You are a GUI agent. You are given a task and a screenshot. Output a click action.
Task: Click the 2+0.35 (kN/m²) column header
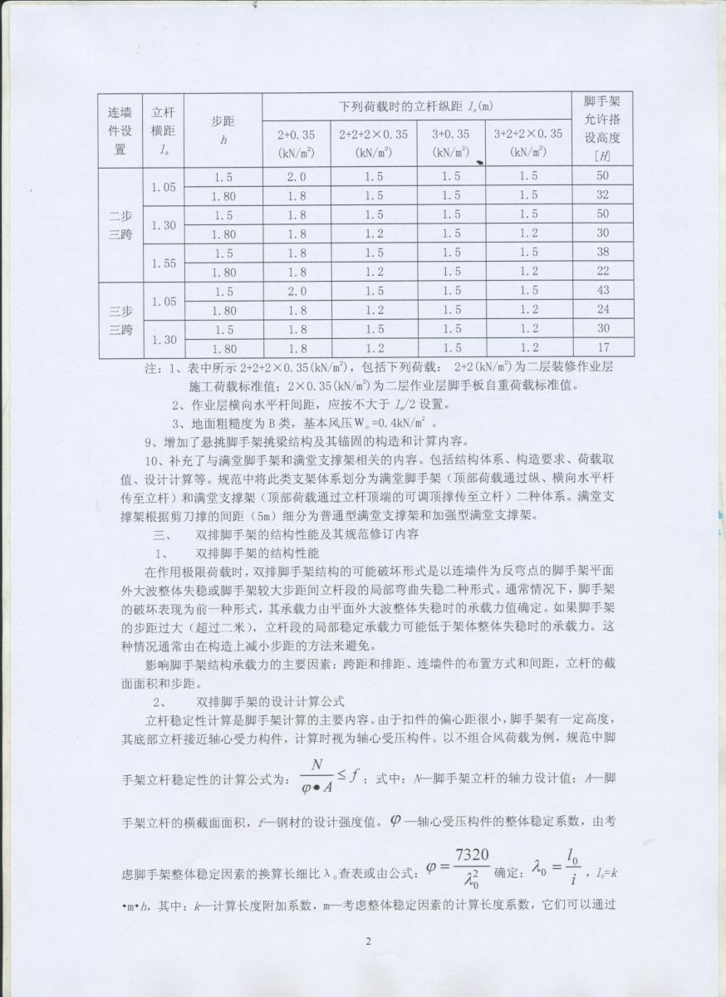pyautogui.click(x=296, y=142)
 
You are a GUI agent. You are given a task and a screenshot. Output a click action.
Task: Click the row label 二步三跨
pyautogui.click(x=120, y=224)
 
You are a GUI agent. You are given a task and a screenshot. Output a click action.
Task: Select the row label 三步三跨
pyautogui.click(x=120, y=321)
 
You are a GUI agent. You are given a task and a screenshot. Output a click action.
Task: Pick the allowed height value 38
pyautogui.click(x=603, y=253)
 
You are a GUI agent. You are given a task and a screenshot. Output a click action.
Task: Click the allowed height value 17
pyautogui.click(x=603, y=348)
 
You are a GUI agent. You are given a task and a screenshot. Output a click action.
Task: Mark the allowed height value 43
pyautogui.click(x=603, y=291)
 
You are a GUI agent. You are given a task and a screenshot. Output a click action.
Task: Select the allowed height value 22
pyautogui.click(x=603, y=272)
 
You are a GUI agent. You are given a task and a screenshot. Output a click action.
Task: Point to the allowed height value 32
pyautogui.click(x=603, y=195)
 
